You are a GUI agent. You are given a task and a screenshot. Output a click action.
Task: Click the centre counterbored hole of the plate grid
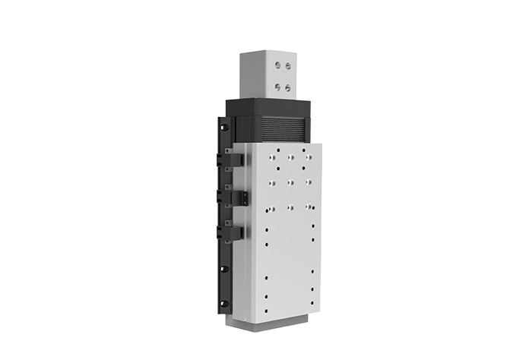tap(291, 182)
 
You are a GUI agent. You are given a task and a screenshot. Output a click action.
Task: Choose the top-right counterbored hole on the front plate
tap(307, 157)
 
